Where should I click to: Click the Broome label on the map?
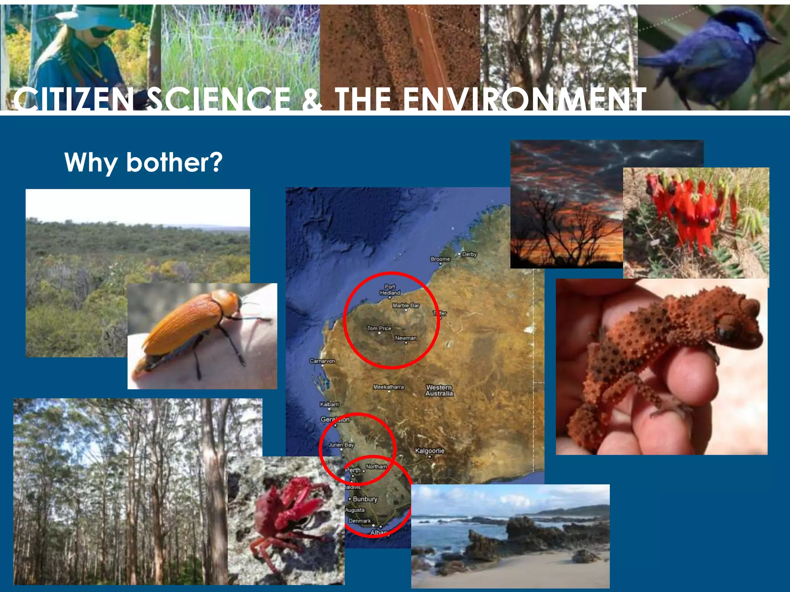point(440,259)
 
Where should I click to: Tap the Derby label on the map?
point(469,254)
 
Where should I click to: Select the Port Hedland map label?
point(390,290)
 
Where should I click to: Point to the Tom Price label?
point(379,328)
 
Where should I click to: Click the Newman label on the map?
point(406,338)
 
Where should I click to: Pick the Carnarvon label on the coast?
point(322,361)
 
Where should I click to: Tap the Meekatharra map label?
point(388,387)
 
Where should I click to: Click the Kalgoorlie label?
point(430,451)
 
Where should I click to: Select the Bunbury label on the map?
point(365,499)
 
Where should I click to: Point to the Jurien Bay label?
point(341,445)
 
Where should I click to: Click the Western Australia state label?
point(439,390)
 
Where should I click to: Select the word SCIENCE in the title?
point(219,99)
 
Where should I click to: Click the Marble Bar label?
point(406,305)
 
